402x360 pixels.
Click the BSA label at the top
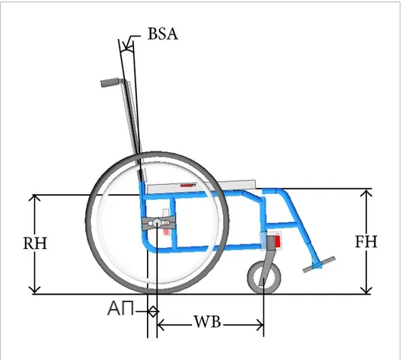tap(162, 33)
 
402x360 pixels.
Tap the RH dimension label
tap(35, 243)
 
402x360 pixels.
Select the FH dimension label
tap(366, 241)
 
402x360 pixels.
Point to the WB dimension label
tap(207, 322)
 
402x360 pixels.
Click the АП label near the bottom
tap(120, 308)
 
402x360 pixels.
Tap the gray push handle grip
tap(110, 82)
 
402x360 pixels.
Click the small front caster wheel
tap(264, 277)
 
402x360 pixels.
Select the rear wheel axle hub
tap(157, 223)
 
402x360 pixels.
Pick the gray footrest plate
tap(319, 264)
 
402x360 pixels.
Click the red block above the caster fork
tap(277, 241)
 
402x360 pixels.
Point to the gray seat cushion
tap(202, 186)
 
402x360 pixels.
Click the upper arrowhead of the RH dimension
tap(34, 198)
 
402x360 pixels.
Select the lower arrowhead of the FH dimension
tap(366, 290)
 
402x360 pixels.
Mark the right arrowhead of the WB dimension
tap(260, 325)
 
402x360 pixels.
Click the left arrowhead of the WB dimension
tap(161, 325)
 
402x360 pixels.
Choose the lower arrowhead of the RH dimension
tap(34, 290)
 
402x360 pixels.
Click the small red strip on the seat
tap(188, 185)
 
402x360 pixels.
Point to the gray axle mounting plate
tap(158, 223)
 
